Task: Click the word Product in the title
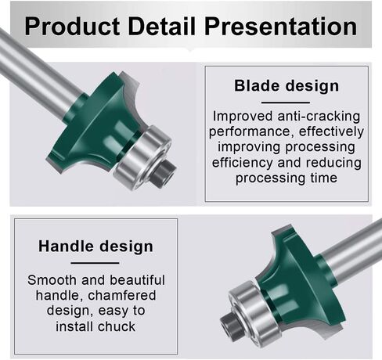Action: (x=73, y=26)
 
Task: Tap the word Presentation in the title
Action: (x=281, y=26)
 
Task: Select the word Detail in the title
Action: (x=162, y=26)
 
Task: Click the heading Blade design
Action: (x=286, y=86)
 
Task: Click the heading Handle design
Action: (x=95, y=247)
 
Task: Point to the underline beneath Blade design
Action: (x=286, y=103)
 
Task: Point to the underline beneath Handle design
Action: (x=95, y=263)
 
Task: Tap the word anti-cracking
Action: (x=319, y=116)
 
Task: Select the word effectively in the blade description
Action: (x=331, y=131)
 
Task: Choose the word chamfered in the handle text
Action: (x=122, y=296)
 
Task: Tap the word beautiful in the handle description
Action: (x=137, y=280)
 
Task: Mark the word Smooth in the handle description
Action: (x=52, y=280)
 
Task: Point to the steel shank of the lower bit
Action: (x=350, y=250)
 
